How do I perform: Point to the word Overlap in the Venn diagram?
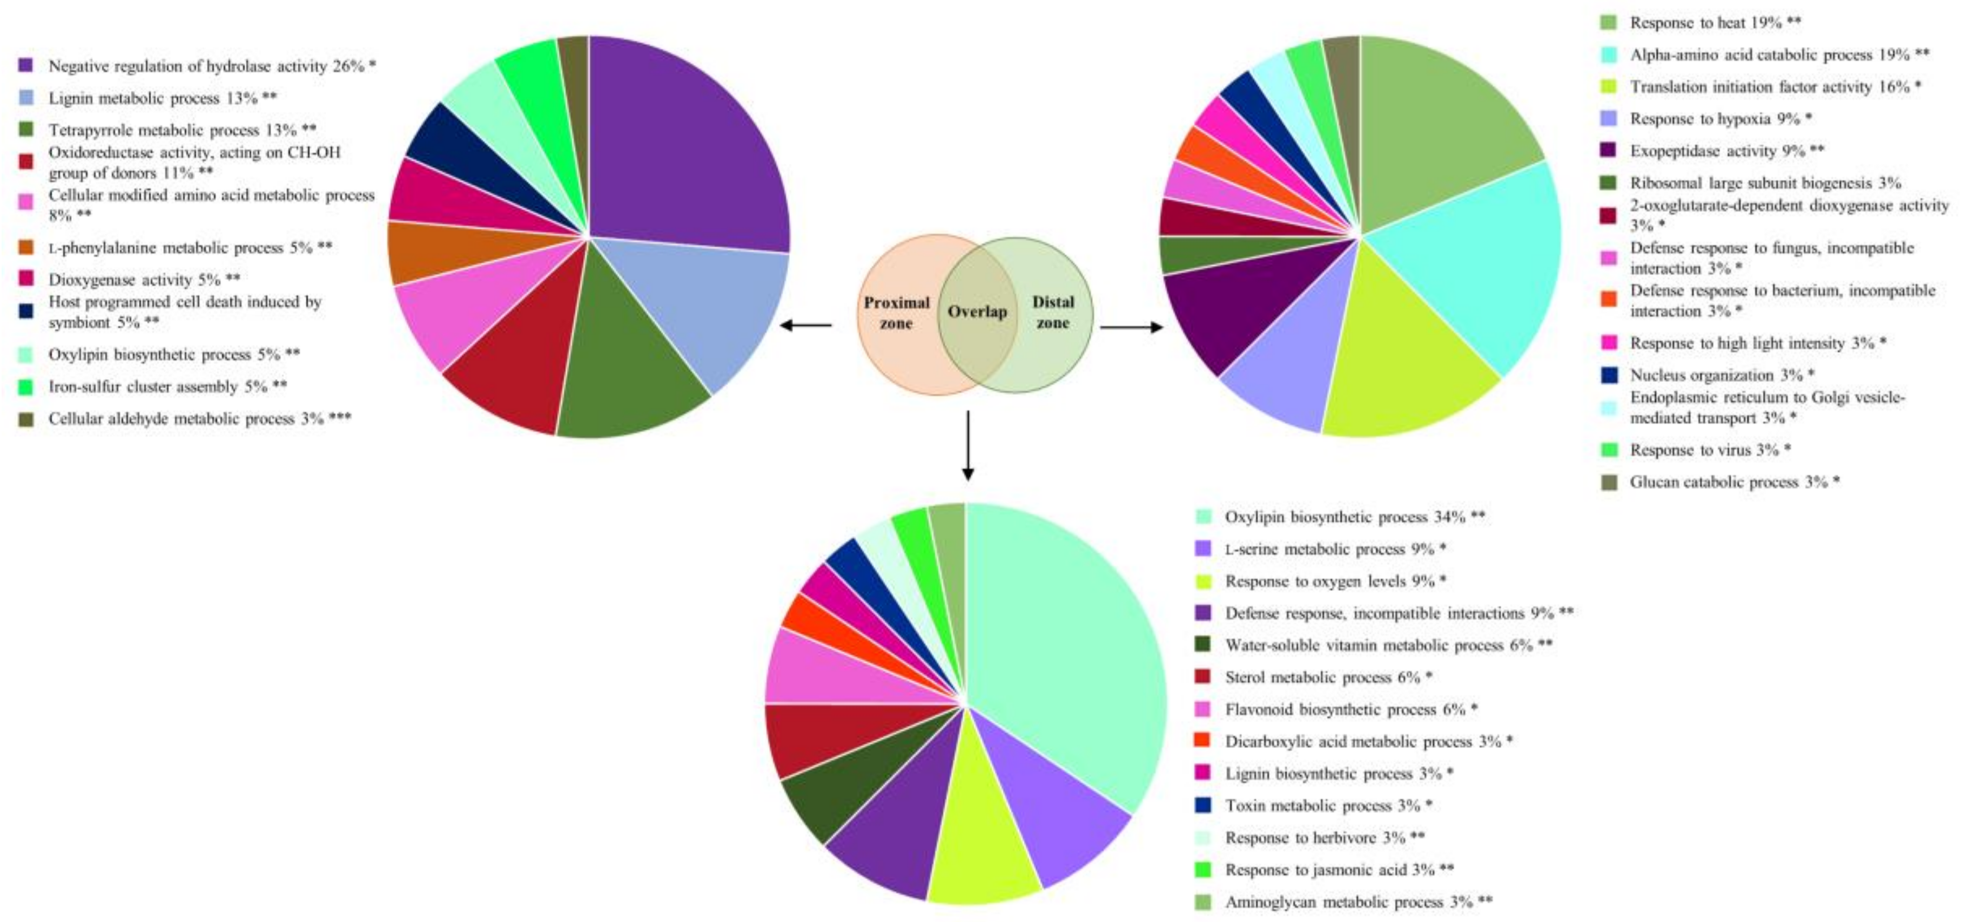[x=977, y=311]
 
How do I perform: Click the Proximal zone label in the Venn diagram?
[x=896, y=312]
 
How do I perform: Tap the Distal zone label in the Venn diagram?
[x=1053, y=311]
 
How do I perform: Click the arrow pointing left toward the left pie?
[x=806, y=326]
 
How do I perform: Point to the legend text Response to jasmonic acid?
[x=1329, y=870]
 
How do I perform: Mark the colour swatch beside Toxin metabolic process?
[x=1202, y=805]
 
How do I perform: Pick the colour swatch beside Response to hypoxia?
[x=1609, y=119]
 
